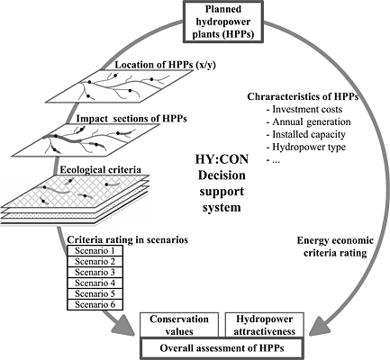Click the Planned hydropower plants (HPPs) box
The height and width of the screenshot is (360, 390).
pos(223,22)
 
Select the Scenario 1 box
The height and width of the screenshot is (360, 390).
pos(95,250)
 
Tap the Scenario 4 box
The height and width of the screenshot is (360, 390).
pos(95,283)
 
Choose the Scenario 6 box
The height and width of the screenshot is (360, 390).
pos(95,304)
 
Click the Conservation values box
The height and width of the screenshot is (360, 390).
pos(179,325)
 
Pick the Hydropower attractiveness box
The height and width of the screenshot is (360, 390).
pos(265,325)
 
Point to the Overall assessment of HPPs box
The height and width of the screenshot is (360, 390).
pos(222,348)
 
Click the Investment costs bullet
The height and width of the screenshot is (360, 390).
pos(304,109)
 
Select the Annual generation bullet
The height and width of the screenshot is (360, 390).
pos(308,121)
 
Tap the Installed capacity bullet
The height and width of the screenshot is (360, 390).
pos(306,134)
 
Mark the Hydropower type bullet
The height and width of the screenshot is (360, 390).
pos(306,147)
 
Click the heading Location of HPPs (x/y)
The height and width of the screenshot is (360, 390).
pos(166,65)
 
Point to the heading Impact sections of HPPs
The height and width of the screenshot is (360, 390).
pos(132,119)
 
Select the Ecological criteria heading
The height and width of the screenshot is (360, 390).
pos(101,169)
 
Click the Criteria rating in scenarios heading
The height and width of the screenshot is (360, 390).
pos(128,239)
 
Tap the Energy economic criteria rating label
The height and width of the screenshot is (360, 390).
pos(335,247)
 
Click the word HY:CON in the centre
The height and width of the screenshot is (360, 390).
pos(222,159)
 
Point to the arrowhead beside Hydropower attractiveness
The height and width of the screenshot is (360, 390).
pos(318,326)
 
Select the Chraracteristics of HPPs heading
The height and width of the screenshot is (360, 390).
pos(303,97)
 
